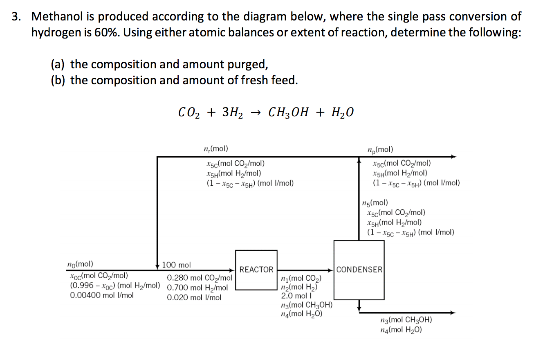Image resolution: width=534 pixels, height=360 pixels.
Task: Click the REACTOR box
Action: coord(256,270)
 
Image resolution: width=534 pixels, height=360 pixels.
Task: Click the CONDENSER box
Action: coord(359,270)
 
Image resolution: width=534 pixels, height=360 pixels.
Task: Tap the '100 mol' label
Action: coord(176,265)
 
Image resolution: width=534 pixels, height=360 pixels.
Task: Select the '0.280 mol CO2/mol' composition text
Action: coord(200,279)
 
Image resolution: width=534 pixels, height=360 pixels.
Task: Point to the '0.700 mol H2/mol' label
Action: coord(197,288)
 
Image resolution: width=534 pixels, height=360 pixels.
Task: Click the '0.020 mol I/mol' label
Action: coord(194,297)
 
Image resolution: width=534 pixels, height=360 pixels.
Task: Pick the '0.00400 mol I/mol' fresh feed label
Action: coord(102,295)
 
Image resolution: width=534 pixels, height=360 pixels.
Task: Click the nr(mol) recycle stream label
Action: coord(215,149)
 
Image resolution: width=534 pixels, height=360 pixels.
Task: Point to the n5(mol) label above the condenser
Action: coord(375,202)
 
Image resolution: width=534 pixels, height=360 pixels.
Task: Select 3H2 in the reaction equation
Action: coord(232,112)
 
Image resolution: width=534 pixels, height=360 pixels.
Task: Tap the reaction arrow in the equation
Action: coord(256,112)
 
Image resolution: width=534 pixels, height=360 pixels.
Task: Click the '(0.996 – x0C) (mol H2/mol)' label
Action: coord(115,285)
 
